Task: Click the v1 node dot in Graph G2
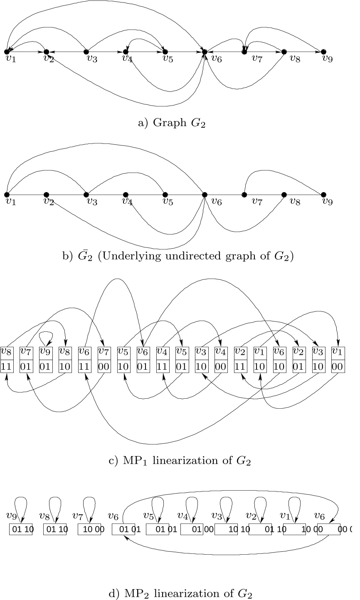point(7,52)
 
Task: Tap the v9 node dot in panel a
point(323,52)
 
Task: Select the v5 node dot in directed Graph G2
point(165,52)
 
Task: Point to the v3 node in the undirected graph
point(86,195)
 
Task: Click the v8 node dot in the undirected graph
point(284,195)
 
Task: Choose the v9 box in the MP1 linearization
point(46,359)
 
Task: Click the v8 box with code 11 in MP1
point(7,359)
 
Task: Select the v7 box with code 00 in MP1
point(104,359)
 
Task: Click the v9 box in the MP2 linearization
point(21,529)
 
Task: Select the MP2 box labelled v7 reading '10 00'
point(89,529)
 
